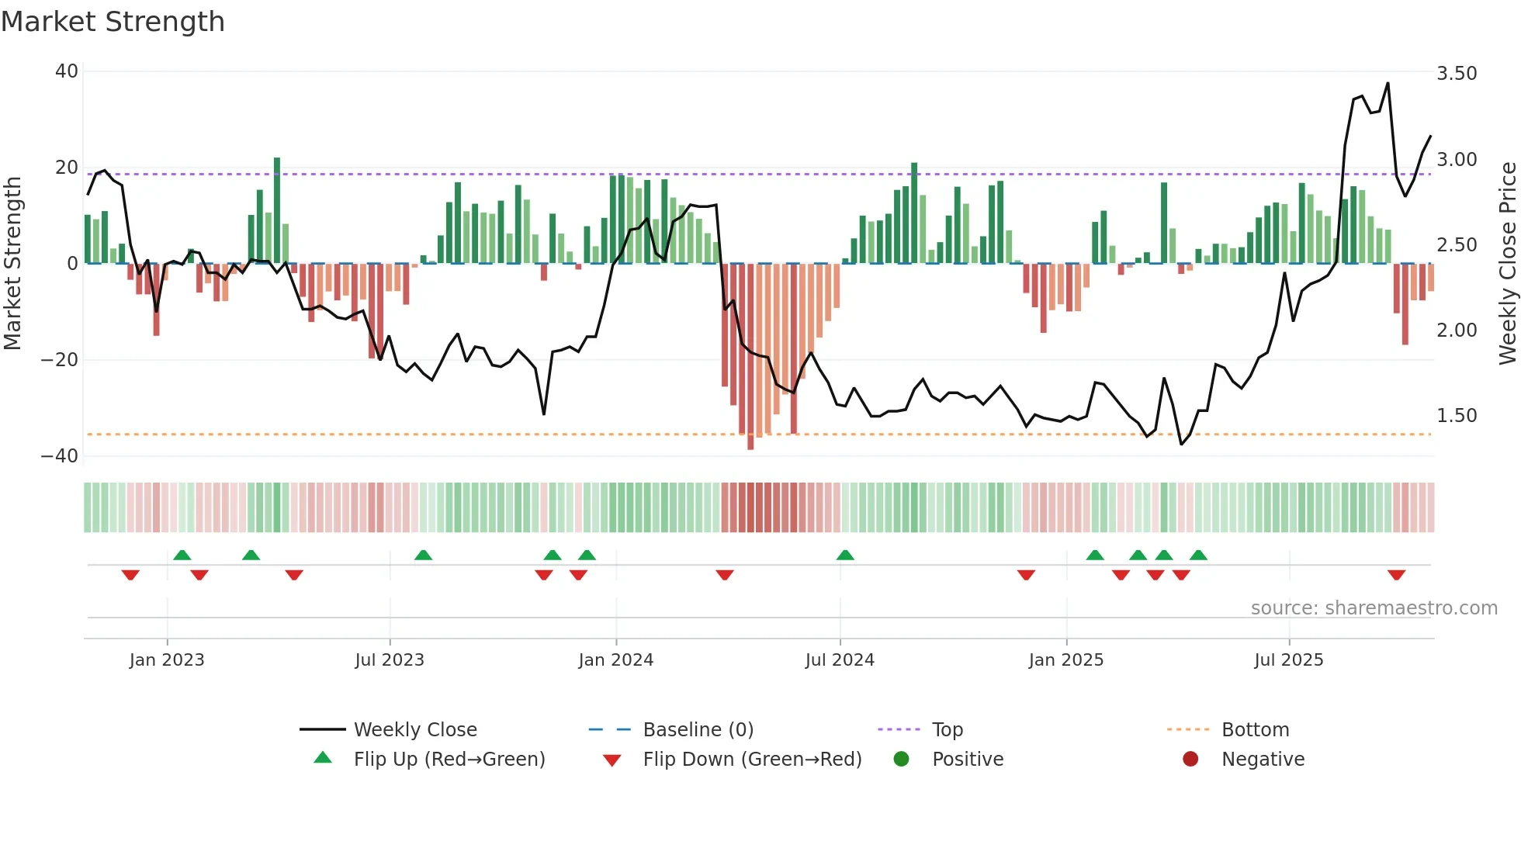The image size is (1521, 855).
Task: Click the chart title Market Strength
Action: pyautogui.click(x=113, y=22)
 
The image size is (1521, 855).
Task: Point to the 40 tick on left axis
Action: pyautogui.click(x=67, y=71)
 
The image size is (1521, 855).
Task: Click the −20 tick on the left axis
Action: pyautogui.click(x=60, y=360)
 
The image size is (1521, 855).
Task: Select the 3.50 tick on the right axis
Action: pyautogui.click(x=1457, y=74)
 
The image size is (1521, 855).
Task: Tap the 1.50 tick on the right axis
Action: pyautogui.click(x=1457, y=416)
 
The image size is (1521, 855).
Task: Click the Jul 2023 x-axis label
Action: pyautogui.click(x=390, y=660)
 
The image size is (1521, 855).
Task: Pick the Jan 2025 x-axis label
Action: pyautogui.click(x=1065, y=660)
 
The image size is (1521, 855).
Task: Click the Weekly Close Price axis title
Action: pyautogui.click(x=1507, y=264)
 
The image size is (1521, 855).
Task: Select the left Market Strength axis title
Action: pyautogui.click(x=12, y=264)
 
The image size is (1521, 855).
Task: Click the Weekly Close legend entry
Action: pyautogui.click(x=415, y=730)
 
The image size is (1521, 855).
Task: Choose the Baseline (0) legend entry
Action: pyautogui.click(x=698, y=730)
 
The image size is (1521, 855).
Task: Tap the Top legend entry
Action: pyautogui.click(x=947, y=730)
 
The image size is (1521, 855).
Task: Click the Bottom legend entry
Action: pyautogui.click(x=1255, y=730)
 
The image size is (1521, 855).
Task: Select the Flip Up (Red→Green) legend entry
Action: pyautogui.click(x=449, y=760)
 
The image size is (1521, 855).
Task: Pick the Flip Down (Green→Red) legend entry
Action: pyautogui.click(x=752, y=760)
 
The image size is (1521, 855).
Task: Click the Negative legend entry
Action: pyautogui.click(x=1263, y=760)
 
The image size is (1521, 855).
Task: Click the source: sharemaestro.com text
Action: pyautogui.click(x=1374, y=608)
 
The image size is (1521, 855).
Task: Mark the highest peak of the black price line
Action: pyautogui.click(x=1388, y=83)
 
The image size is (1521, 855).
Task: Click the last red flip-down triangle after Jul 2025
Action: pyautogui.click(x=1396, y=575)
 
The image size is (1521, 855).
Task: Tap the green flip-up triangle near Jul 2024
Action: pyautogui.click(x=845, y=555)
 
